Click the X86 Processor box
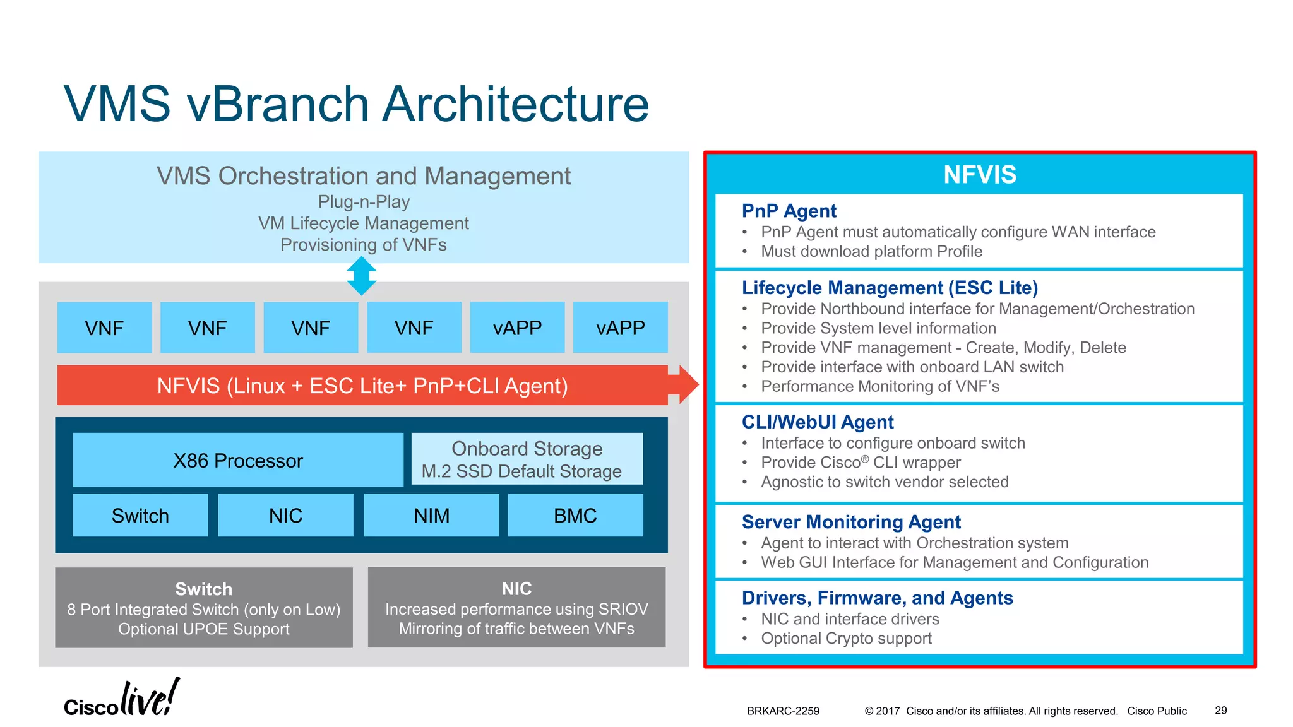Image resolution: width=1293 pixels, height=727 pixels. (238, 460)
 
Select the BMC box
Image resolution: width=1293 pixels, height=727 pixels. (575, 516)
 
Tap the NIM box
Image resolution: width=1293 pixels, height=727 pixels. (431, 516)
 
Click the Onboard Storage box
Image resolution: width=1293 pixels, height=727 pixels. (527, 459)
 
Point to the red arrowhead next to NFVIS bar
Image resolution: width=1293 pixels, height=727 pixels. (687, 384)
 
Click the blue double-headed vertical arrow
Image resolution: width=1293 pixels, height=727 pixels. (362, 276)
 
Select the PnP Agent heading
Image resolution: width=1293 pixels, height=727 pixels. (789, 211)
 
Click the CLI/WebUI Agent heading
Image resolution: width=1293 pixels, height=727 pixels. (818, 422)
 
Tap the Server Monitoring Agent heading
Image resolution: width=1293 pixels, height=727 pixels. (851, 522)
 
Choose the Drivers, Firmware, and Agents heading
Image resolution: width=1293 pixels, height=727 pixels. (877, 598)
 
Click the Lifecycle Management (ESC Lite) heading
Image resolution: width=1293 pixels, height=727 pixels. (890, 288)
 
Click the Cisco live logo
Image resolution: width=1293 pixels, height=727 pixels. (121, 699)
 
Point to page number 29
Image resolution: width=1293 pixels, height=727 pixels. (1220, 711)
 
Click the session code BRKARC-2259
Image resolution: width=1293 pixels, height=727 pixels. (783, 711)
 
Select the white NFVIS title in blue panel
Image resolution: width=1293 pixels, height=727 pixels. (979, 175)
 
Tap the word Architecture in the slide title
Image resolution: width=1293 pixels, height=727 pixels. (516, 104)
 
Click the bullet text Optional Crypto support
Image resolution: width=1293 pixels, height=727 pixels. (846, 639)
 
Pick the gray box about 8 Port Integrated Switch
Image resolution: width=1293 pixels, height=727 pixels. (204, 608)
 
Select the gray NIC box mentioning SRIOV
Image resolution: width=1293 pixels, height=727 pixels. (516, 608)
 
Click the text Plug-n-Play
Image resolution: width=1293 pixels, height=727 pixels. (364, 202)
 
